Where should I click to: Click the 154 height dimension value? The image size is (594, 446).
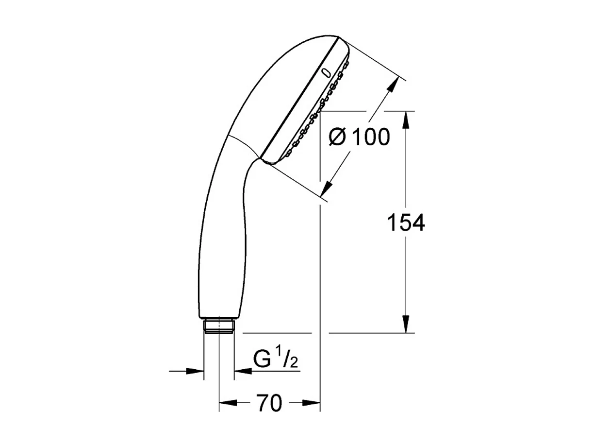click(x=406, y=223)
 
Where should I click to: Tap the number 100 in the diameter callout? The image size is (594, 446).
click(x=371, y=137)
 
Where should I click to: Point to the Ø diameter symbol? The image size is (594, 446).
click(x=337, y=138)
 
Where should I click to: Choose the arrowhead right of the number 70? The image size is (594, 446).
click(x=312, y=403)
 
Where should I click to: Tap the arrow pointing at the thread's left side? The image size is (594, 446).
click(x=196, y=372)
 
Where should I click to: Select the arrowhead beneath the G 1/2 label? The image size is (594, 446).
click(x=241, y=372)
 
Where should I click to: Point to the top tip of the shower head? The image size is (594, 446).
click(x=335, y=37)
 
